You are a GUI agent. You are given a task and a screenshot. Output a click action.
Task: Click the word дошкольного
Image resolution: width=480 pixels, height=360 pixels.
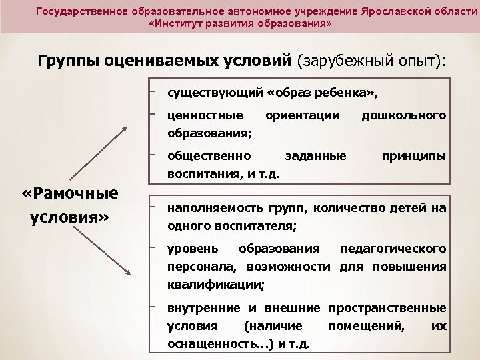403,115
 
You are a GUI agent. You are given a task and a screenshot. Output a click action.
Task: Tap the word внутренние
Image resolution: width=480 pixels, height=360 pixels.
203,308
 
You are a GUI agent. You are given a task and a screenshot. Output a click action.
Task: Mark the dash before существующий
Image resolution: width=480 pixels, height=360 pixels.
153,87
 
